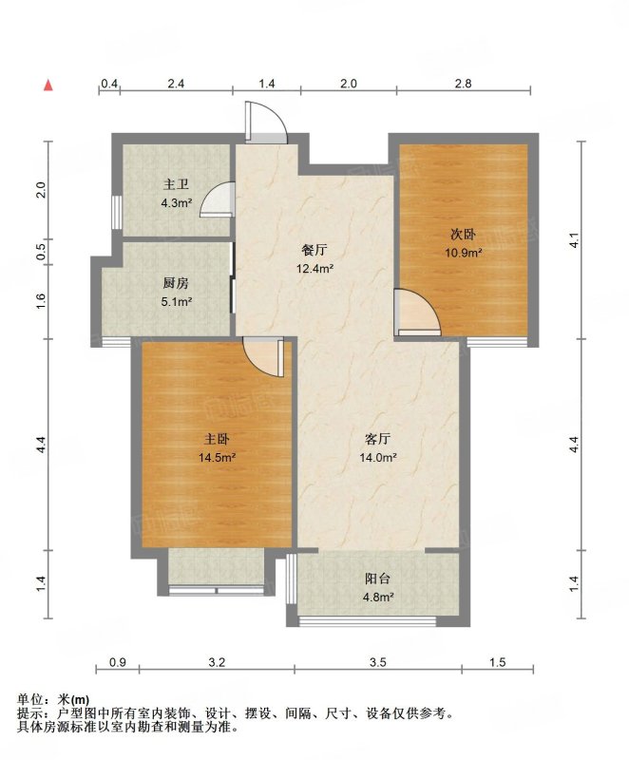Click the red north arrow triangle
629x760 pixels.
(48, 85)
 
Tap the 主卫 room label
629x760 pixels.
(176, 184)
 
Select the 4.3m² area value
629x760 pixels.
(177, 203)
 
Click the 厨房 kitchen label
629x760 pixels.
(176, 283)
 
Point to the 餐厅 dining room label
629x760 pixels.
(314, 250)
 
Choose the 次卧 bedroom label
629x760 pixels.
(464, 235)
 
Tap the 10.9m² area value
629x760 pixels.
(464, 253)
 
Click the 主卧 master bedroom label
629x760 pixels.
(217, 439)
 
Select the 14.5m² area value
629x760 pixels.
(217, 457)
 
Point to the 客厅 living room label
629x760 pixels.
(377, 439)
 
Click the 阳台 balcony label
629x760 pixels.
(377, 579)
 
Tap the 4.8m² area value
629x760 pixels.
(378, 598)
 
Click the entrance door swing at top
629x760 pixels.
(266, 123)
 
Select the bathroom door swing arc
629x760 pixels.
(217, 199)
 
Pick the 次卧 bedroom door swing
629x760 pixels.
(418, 312)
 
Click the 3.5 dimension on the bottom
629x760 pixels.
(378, 661)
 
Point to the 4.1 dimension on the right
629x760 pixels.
(574, 240)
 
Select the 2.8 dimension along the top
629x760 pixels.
(463, 84)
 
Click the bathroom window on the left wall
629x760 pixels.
(116, 212)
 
